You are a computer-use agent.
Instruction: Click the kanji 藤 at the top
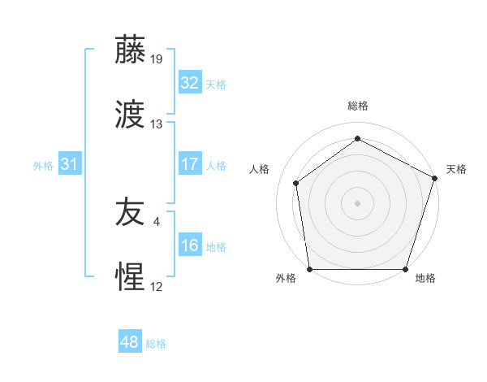point(131,50)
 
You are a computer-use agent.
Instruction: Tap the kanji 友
point(131,213)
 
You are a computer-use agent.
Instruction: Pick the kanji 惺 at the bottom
point(131,278)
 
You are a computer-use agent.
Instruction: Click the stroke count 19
point(157,59)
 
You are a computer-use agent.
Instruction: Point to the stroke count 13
point(157,124)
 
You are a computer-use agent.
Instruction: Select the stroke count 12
point(157,287)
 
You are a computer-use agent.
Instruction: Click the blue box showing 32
point(189,82)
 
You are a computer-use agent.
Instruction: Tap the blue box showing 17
point(189,164)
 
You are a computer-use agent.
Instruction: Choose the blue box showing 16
point(189,245)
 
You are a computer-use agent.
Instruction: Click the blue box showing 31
point(70,164)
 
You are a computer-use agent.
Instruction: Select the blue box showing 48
point(130,342)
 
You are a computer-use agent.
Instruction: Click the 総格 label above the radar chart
point(357,106)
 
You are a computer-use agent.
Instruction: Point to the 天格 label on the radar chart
point(456,169)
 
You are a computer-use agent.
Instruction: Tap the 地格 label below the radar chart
point(425,279)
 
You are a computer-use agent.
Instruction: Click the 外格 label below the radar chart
point(286,279)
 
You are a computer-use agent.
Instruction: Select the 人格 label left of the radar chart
point(260,169)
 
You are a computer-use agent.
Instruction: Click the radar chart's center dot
point(357,202)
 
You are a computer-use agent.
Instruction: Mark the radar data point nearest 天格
point(434,178)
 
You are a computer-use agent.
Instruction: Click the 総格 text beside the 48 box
point(156,344)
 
